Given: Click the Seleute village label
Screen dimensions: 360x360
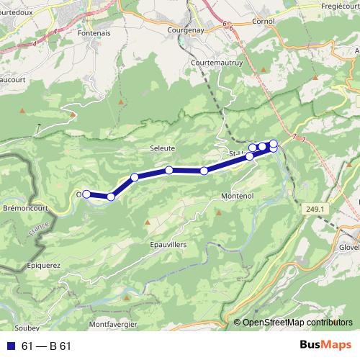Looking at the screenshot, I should click(x=162, y=148).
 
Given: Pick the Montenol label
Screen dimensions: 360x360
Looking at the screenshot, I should click(x=237, y=196).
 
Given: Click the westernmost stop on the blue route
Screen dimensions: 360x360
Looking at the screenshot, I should click(x=86, y=194).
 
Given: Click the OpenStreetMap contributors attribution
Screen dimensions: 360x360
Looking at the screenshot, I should click(x=297, y=323).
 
